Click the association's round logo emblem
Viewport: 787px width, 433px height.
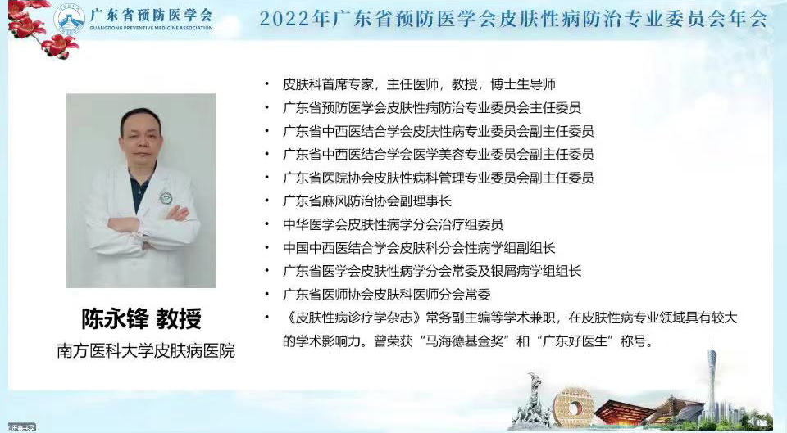tap(71, 18)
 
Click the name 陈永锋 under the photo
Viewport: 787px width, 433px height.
tap(116, 318)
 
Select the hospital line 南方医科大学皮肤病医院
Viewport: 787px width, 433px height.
tap(146, 351)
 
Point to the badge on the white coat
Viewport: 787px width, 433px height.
tap(166, 198)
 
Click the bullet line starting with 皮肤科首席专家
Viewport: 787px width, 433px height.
tap(419, 84)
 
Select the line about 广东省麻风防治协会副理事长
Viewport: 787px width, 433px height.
tap(367, 201)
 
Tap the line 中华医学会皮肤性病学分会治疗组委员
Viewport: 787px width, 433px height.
tap(393, 224)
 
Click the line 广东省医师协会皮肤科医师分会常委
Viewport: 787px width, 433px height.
tap(386, 295)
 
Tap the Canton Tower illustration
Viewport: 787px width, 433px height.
tap(712, 381)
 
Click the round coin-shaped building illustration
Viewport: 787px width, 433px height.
tap(572, 406)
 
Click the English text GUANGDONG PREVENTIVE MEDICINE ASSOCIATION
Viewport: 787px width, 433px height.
tap(151, 28)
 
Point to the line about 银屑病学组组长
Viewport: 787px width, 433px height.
tap(432, 271)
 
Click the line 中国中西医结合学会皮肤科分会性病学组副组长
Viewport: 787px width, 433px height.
tap(419, 247)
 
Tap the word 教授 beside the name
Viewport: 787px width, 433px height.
tap(179, 318)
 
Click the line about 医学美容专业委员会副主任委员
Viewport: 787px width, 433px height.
tap(438, 155)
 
